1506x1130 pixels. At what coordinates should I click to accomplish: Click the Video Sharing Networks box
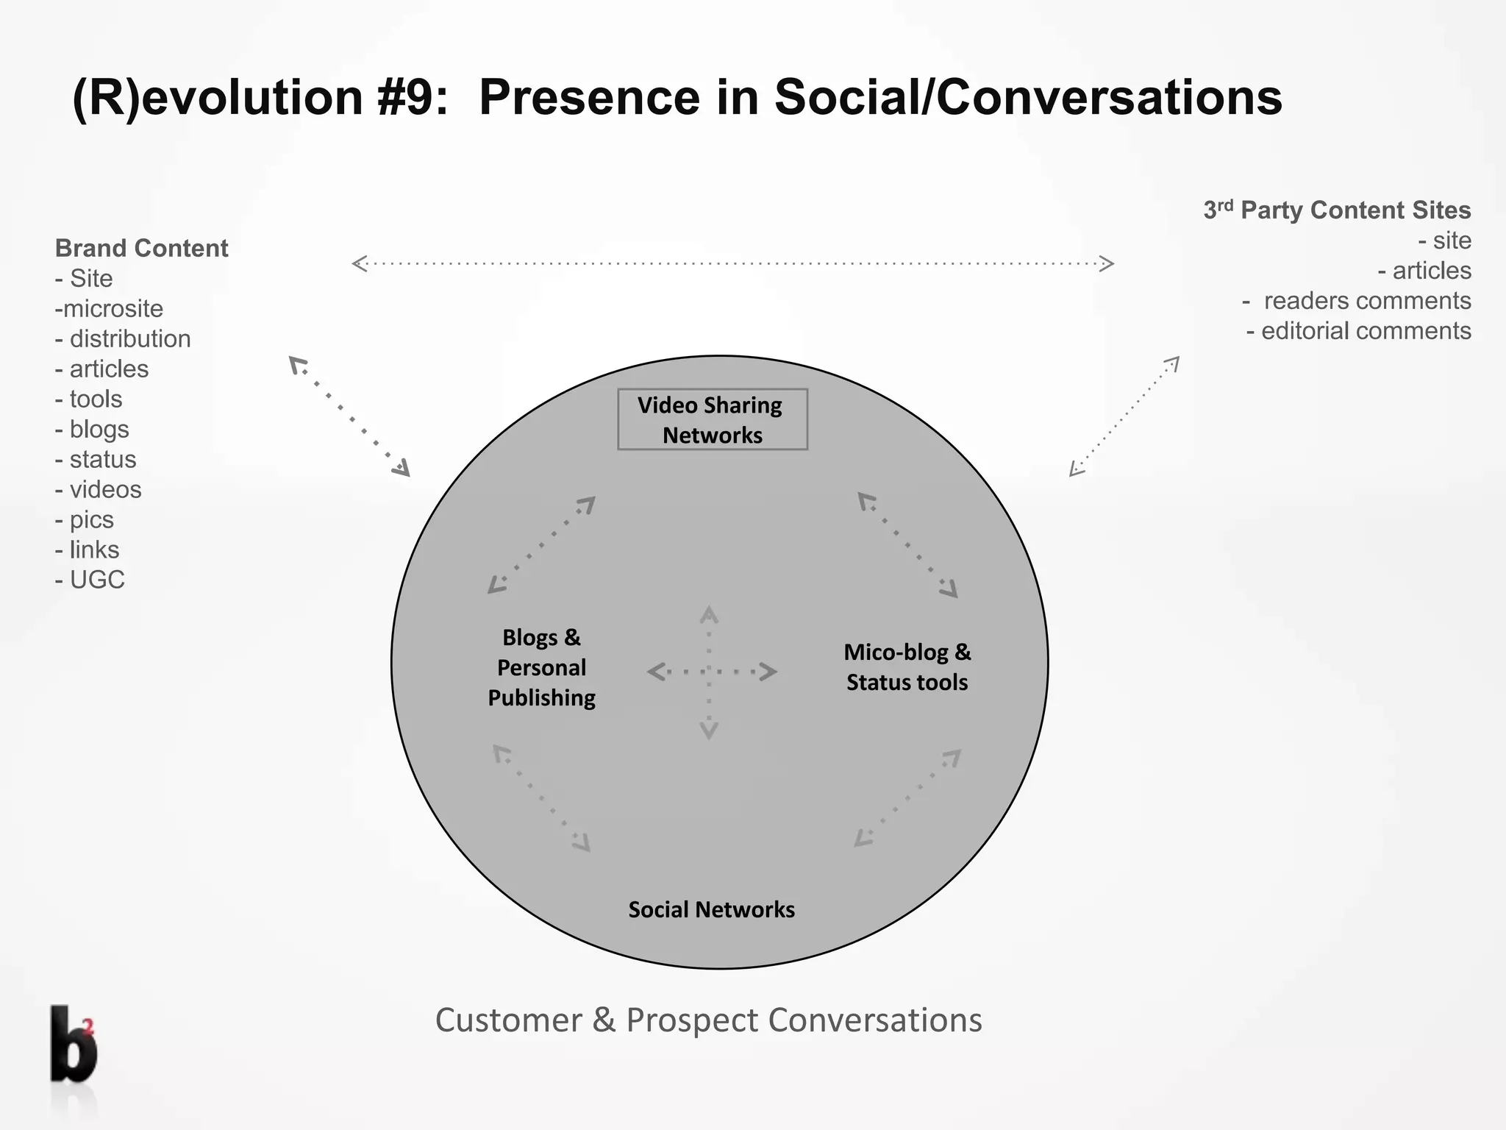point(712,419)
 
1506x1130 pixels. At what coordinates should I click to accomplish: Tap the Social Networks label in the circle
point(711,910)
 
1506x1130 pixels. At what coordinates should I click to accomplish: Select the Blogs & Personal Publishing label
point(542,668)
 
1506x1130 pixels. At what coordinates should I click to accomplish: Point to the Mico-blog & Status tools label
point(907,667)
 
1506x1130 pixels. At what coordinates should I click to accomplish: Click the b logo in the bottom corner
point(73,1044)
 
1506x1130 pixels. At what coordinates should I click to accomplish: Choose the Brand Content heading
point(142,249)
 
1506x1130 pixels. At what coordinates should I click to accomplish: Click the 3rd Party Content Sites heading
point(1337,210)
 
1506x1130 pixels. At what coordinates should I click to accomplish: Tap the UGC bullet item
point(90,580)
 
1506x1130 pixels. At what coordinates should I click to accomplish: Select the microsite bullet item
point(110,309)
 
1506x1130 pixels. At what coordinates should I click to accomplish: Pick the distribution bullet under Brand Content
point(124,339)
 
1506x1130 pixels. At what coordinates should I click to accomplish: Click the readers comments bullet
point(1357,301)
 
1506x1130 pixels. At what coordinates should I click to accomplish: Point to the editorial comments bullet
point(1359,331)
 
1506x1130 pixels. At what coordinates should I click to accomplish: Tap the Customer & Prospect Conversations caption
point(708,1020)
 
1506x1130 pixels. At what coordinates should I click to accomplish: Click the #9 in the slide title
point(412,97)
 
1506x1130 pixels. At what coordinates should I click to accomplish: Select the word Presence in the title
point(589,97)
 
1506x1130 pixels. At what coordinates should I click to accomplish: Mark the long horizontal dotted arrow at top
point(732,263)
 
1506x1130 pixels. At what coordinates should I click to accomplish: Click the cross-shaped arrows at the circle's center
point(710,672)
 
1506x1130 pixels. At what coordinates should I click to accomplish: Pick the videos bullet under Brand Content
point(99,490)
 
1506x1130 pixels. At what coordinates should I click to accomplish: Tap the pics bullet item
point(85,520)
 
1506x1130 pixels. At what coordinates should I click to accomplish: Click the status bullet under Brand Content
point(96,460)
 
